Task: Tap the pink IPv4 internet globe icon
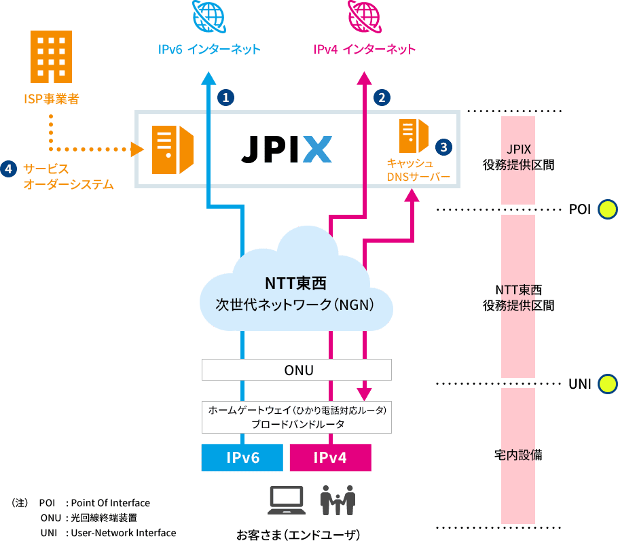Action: (x=365, y=16)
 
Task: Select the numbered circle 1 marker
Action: (x=225, y=97)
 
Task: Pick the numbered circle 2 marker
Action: (x=382, y=97)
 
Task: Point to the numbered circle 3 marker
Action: (x=442, y=146)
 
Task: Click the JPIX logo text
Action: (x=287, y=149)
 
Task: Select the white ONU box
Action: (x=297, y=370)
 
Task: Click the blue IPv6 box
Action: (x=242, y=457)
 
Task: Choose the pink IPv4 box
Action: (x=331, y=457)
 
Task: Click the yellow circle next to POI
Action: (x=606, y=209)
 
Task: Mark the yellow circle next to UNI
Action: (x=606, y=384)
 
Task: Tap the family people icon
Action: (x=338, y=500)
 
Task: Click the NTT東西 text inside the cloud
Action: (x=296, y=282)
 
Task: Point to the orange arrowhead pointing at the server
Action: (x=138, y=148)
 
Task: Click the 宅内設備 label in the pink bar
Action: (x=518, y=455)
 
